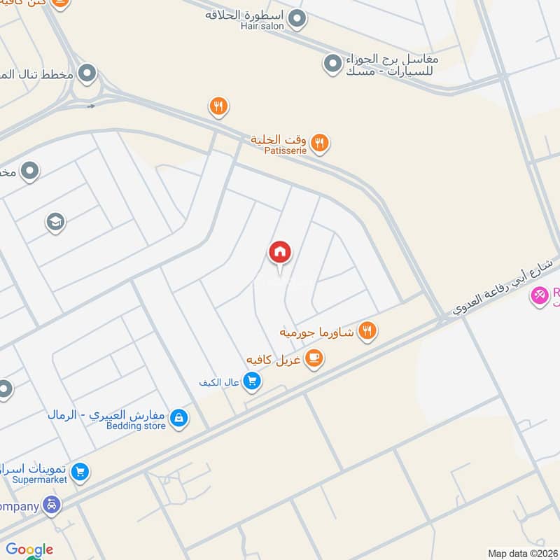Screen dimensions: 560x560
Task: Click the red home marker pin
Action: pyautogui.click(x=280, y=253)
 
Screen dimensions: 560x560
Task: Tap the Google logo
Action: pyautogui.click(x=29, y=549)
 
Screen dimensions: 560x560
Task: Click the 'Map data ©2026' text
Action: pyautogui.click(x=522, y=553)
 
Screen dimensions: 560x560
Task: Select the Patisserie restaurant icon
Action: pyautogui.click(x=320, y=143)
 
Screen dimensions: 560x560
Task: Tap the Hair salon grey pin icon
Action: pyautogui.click(x=297, y=19)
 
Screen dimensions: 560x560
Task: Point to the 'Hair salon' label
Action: pyautogui.click(x=262, y=25)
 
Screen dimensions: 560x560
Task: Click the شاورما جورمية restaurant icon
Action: pyautogui.click(x=367, y=330)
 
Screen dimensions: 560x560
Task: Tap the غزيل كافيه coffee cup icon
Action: pyautogui.click(x=314, y=359)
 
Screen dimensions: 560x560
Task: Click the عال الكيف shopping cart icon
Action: pyautogui.click(x=253, y=381)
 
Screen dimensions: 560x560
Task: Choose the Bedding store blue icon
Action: pyautogui.click(x=179, y=418)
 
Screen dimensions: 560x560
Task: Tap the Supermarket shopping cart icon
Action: pyautogui.click(x=80, y=472)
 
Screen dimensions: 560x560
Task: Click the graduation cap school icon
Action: pyautogui.click(x=54, y=223)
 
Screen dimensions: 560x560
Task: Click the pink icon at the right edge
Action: pyautogui.click(x=540, y=297)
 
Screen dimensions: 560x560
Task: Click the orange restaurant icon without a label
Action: pyautogui.click(x=218, y=106)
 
